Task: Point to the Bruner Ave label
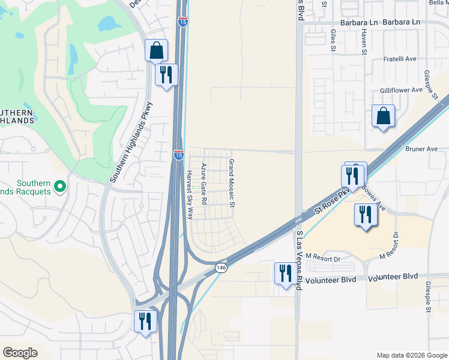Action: tap(423, 149)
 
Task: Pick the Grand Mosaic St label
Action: tap(231, 184)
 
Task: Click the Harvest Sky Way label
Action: tap(188, 194)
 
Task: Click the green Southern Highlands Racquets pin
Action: tap(59, 187)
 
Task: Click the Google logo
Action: tap(20, 353)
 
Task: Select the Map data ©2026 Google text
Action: tap(412, 355)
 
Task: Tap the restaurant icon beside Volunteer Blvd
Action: tap(284, 273)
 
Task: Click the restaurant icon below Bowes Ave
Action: tap(365, 214)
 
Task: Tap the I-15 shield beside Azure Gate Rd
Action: tap(179, 155)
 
